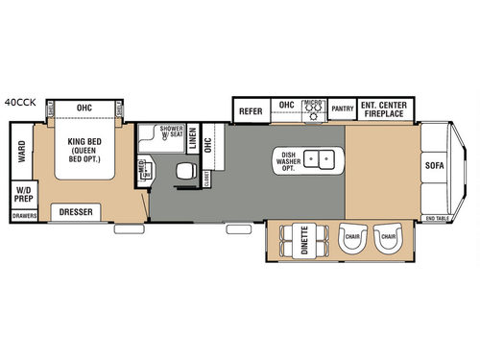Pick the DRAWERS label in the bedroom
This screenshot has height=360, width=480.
(x=23, y=217)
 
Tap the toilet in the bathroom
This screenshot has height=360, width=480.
(x=182, y=171)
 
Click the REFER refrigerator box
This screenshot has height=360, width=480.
(x=252, y=111)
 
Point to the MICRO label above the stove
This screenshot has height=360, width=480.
(x=312, y=102)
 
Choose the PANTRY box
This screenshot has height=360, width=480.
(x=343, y=109)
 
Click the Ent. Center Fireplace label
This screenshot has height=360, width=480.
(x=387, y=109)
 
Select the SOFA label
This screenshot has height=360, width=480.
(x=435, y=164)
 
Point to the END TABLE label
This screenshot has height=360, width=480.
(x=437, y=219)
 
